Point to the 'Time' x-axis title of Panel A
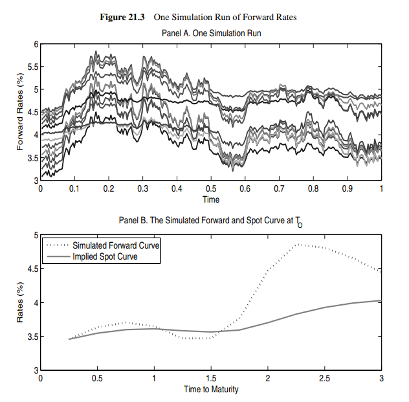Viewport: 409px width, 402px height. [210, 199]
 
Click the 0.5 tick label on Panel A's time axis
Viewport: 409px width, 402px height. [210, 189]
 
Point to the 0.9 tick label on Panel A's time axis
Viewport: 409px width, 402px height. [347, 189]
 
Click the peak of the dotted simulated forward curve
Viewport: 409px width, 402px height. [297, 244]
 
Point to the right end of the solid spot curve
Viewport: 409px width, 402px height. [381, 300]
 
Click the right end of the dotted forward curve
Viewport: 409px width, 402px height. [381, 271]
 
